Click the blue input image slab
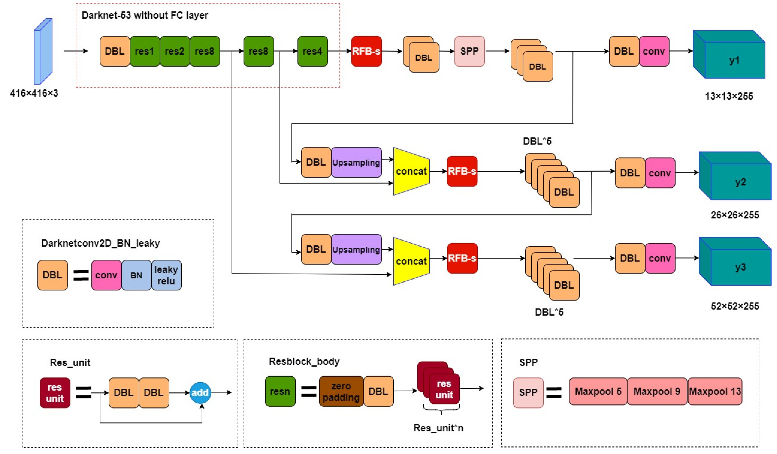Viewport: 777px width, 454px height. point(43,51)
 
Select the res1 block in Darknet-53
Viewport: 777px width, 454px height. point(145,51)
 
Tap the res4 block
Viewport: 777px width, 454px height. point(312,51)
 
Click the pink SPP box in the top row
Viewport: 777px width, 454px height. point(469,51)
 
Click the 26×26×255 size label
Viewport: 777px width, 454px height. point(735,215)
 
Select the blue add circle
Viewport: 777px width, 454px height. point(200,393)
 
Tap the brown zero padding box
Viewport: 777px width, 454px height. point(341,391)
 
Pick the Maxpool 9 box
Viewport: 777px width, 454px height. point(657,391)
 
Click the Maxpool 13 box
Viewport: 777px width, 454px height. point(715,391)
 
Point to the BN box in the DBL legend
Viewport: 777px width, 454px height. point(136,275)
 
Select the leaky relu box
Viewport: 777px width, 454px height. point(166,275)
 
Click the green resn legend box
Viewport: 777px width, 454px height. point(280,391)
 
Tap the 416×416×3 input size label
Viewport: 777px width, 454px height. point(34,93)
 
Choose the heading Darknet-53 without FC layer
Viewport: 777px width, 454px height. point(145,15)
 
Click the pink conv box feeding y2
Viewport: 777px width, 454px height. point(660,173)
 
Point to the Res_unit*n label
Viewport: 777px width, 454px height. point(438,428)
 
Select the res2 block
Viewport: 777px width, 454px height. point(175,51)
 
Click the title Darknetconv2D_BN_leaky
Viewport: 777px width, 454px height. point(100,243)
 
